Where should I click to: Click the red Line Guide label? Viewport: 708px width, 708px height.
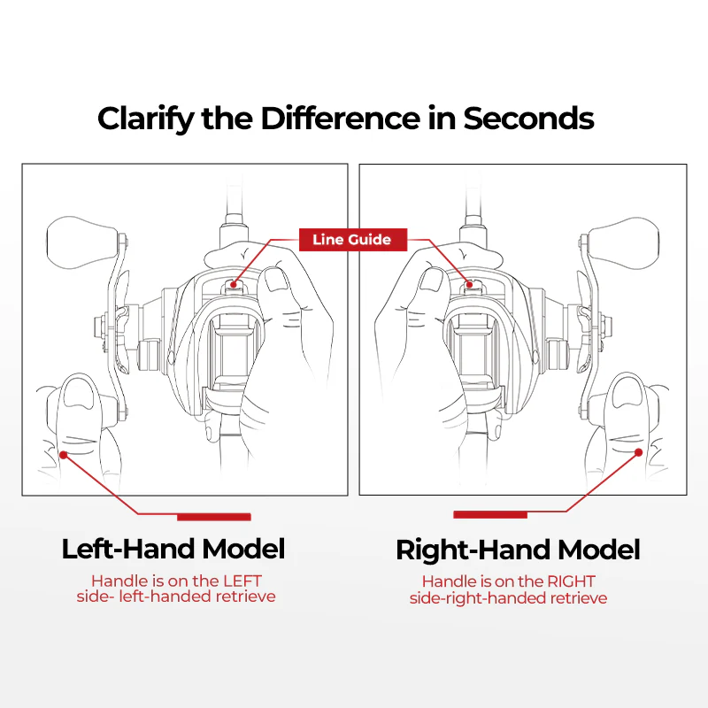(x=353, y=240)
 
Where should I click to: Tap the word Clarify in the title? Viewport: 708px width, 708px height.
(x=146, y=119)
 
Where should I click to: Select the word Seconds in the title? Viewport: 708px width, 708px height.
(x=528, y=119)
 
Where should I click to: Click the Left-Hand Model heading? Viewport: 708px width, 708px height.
(x=173, y=549)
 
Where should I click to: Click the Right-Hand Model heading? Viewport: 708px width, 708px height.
(x=518, y=550)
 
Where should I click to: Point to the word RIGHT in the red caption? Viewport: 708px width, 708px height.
(x=571, y=581)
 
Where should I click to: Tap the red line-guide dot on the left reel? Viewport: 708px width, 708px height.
(x=234, y=284)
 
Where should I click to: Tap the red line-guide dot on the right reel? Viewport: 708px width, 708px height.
(x=470, y=284)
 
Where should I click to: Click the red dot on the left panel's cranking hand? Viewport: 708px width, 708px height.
(x=64, y=455)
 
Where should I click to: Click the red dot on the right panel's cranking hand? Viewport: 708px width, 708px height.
(x=638, y=452)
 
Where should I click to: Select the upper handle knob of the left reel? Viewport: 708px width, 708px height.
(x=83, y=242)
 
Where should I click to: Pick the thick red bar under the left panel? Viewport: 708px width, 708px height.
(x=214, y=517)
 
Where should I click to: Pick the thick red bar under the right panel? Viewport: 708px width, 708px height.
(x=490, y=515)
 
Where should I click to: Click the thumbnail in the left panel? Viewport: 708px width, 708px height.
(x=276, y=280)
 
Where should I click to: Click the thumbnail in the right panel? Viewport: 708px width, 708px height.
(x=432, y=280)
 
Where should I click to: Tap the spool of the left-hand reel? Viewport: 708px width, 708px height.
(x=234, y=353)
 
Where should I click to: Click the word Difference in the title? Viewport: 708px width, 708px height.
(x=340, y=119)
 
